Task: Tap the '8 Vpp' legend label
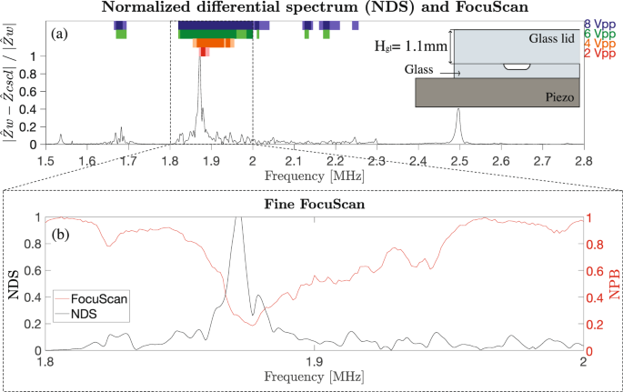point(603,23)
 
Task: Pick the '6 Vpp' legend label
point(603,34)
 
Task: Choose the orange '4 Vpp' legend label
point(603,44)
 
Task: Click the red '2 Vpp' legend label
point(603,55)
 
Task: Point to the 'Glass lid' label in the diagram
point(548,39)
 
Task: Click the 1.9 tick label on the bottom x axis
point(314,362)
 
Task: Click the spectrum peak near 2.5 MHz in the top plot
point(458,111)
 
